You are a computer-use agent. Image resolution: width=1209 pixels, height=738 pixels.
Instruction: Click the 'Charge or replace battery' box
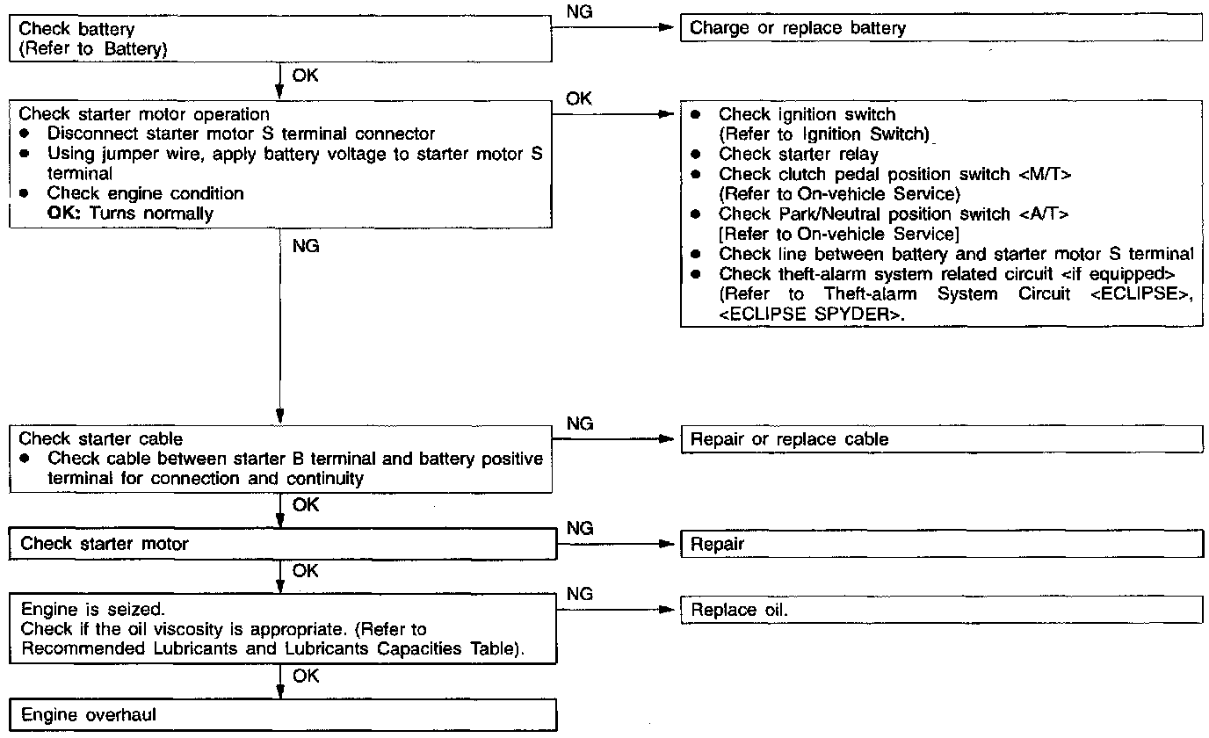tap(940, 28)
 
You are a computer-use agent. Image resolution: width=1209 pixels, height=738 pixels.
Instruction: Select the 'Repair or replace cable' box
tap(940, 439)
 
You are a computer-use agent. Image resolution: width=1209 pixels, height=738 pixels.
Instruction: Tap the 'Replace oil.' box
tap(940, 610)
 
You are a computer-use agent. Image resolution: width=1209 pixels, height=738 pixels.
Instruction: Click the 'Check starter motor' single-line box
tap(283, 544)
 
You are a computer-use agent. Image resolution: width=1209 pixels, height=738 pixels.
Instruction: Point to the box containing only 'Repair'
tap(940, 544)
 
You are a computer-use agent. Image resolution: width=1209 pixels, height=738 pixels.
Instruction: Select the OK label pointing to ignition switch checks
tap(579, 98)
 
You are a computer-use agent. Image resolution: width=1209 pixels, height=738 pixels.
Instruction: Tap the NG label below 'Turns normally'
tap(305, 247)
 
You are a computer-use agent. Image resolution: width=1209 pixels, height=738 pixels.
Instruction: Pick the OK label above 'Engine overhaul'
tap(306, 676)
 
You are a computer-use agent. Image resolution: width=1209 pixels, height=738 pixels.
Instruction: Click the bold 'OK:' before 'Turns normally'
tap(64, 213)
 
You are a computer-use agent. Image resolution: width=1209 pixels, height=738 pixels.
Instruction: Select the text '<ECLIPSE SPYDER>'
tap(812, 315)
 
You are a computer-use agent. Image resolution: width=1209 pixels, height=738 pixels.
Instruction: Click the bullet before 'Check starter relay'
tap(696, 154)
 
